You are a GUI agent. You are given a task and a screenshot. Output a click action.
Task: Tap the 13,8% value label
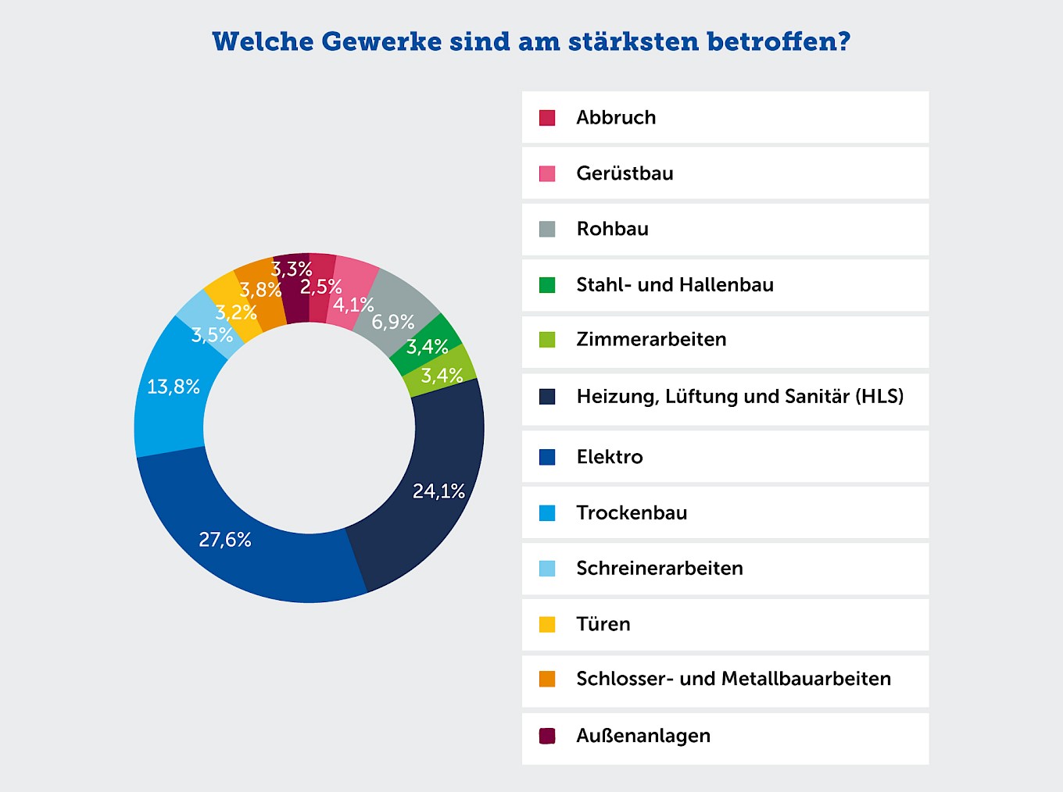point(174,387)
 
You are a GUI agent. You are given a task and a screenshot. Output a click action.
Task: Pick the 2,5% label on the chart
point(321,287)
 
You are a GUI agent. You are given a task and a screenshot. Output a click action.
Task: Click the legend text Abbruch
point(616,117)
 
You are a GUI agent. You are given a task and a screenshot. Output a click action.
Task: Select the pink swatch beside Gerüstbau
point(547,173)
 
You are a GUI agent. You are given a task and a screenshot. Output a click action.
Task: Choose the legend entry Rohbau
point(613,229)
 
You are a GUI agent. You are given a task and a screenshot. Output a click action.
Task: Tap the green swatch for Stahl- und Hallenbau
point(547,285)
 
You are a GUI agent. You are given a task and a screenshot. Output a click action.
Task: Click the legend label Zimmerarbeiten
point(651,340)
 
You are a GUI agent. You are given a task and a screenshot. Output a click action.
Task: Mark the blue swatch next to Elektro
point(547,457)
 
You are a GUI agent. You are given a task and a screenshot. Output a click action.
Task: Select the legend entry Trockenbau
point(632,513)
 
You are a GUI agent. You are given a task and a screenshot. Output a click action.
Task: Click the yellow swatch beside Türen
point(547,624)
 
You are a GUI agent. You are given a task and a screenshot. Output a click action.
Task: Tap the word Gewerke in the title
point(381,41)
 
